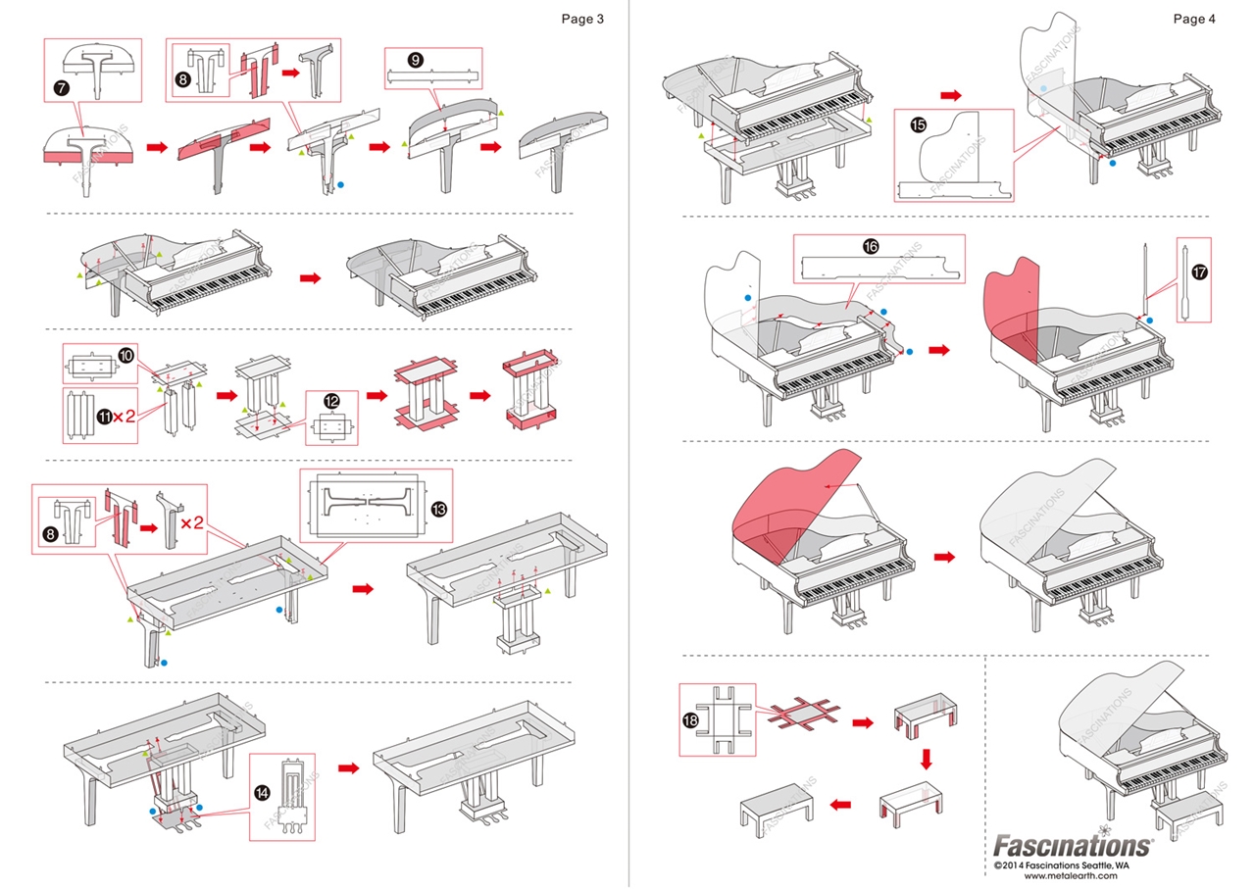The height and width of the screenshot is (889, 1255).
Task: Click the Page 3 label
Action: [x=582, y=19]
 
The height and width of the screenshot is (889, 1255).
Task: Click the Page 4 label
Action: [x=1194, y=19]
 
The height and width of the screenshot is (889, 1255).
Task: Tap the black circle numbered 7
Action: [x=62, y=88]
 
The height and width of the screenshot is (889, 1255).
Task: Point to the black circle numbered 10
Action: [x=127, y=352]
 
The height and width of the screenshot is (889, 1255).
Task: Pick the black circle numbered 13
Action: [x=438, y=509]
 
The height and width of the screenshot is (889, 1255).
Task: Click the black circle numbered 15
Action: [x=919, y=125]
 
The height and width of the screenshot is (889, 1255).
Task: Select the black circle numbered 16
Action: [x=871, y=247]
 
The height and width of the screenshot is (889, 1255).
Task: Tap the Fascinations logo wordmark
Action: [x=1073, y=845]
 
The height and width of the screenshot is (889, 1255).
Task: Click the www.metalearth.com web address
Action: [x=1071, y=875]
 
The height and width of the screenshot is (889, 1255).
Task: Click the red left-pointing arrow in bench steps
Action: [x=839, y=805]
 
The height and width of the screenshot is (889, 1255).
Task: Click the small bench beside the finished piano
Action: [x=1189, y=810]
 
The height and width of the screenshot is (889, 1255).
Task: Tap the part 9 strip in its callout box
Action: [x=432, y=76]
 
